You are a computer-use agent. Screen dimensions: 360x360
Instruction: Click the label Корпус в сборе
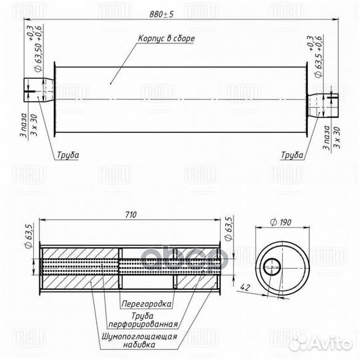tap(167, 39)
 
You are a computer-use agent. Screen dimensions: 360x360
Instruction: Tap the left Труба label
tap(67, 155)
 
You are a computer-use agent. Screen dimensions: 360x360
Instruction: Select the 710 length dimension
tap(131, 215)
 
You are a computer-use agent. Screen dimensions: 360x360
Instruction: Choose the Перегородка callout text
tap(147, 303)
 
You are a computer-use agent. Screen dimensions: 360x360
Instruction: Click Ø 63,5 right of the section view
tap(229, 231)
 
